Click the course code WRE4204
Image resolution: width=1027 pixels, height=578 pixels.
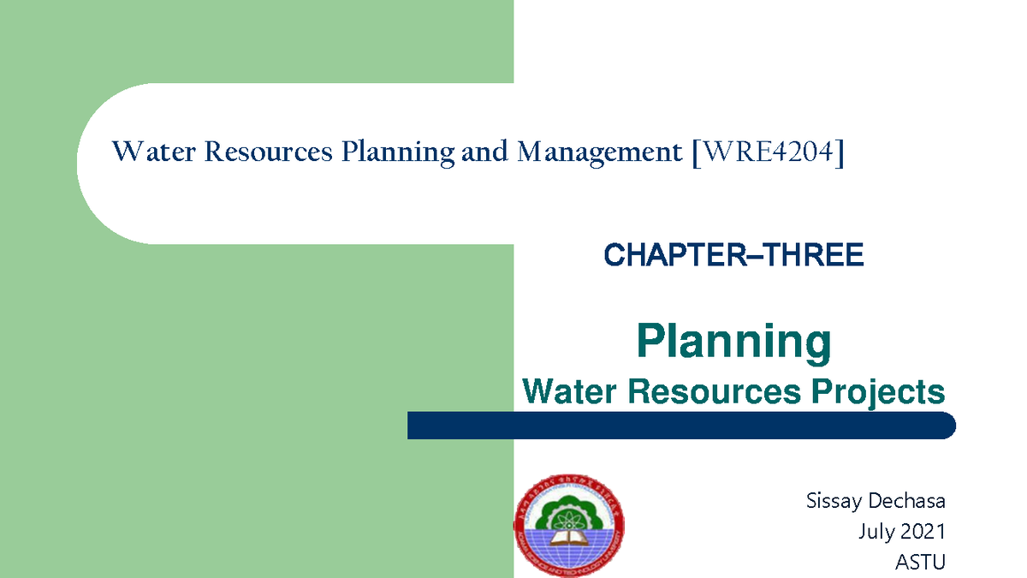click(x=768, y=152)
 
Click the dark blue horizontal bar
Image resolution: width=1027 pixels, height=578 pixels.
click(x=680, y=426)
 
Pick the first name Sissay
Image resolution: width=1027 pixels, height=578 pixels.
click(x=834, y=501)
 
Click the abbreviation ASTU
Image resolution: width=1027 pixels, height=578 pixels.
click(x=920, y=563)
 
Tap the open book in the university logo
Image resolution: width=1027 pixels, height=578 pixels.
click(x=568, y=538)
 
